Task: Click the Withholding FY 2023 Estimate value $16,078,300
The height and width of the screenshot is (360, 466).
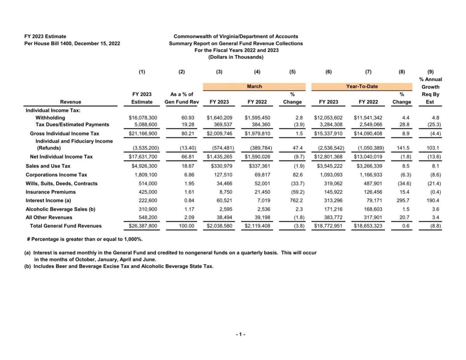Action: click(143, 117)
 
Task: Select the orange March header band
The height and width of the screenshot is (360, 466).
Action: click(254, 86)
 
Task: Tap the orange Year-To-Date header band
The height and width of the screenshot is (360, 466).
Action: click(362, 86)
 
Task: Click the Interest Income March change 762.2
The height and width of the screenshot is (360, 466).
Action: click(293, 200)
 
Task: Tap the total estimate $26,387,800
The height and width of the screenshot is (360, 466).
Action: click(143, 226)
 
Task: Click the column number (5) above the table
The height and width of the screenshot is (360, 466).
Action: click(292, 71)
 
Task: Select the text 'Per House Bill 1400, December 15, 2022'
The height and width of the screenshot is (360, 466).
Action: click(72, 43)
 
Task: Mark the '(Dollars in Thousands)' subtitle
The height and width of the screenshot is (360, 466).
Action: click(236, 57)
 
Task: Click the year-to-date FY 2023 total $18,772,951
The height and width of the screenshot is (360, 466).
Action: click(328, 226)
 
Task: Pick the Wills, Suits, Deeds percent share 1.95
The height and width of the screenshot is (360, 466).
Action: click(188, 183)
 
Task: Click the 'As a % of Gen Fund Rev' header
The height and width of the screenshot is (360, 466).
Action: click(182, 98)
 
